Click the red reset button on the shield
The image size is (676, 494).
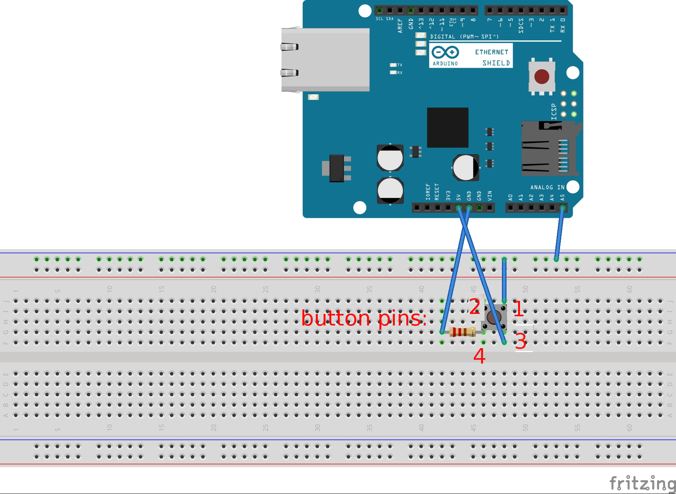point(542,77)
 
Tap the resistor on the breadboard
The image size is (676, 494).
point(462,332)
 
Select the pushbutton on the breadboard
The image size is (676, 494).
point(494,317)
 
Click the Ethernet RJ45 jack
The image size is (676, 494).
point(325,60)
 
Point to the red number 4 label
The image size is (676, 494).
point(479,356)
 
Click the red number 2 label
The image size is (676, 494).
point(475,307)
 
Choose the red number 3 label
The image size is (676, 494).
point(520,341)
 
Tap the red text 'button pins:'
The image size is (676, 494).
point(364,319)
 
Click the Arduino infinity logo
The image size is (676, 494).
point(445,52)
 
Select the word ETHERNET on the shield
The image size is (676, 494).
point(491,52)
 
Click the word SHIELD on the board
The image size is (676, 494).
point(496,63)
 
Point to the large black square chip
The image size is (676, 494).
point(448,128)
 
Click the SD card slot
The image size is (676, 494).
point(549,149)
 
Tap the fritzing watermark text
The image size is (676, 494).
point(642,483)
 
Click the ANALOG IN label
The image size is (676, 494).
point(547,187)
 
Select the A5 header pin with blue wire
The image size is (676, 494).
point(562,208)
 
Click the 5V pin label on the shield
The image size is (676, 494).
point(458,197)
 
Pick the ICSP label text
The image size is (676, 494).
point(554,112)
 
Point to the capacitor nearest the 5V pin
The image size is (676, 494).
point(466,167)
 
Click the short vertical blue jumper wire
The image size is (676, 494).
point(504,280)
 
